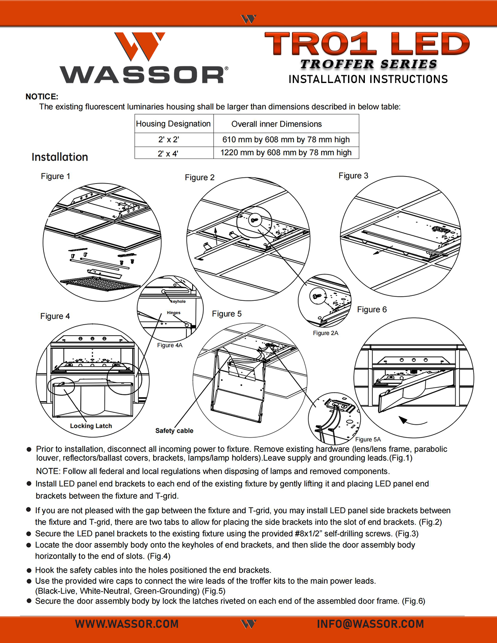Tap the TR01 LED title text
pyautogui.click(x=367, y=44)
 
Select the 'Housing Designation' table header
pyautogui.click(x=173, y=124)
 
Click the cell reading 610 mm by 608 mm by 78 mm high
pyautogui.click(x=286, y=140)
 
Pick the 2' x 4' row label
pyautogui.click(x=168, y=154)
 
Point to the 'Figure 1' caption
pyautogui.click(x=55, y=177)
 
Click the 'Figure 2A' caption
pyautogui.click(x=325, y=333)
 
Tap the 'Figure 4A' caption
pyautogui.click(x=170, y=345)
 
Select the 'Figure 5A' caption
pyautogui.click(x=368, y=440)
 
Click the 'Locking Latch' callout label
pyautogui.click(x=91, y=426)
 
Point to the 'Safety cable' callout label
pyautogui.click(x=174, y=431)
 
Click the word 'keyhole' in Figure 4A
pyautogui.click(x=178, y=302)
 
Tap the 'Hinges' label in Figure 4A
pyautogui.click(x=173, y=313)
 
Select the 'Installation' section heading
pyautogui.click(x=60, y=157)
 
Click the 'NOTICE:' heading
pyautogui.click(x=42, y=97)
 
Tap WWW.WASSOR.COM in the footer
pyautogui.click(x=127, y=624)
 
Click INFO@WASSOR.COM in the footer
pyautogui.click(x=370, y=624)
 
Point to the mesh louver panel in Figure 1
pyautogui.click(x=100, y=284)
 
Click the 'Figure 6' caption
pyautogui.click(x=372, y=309)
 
